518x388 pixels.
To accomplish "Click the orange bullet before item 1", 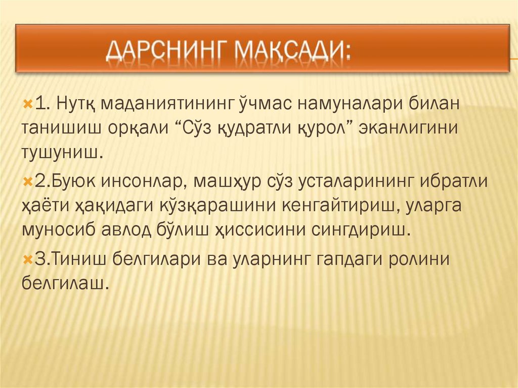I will coord(27,104).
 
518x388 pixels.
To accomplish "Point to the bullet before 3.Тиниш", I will coord(27,260).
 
